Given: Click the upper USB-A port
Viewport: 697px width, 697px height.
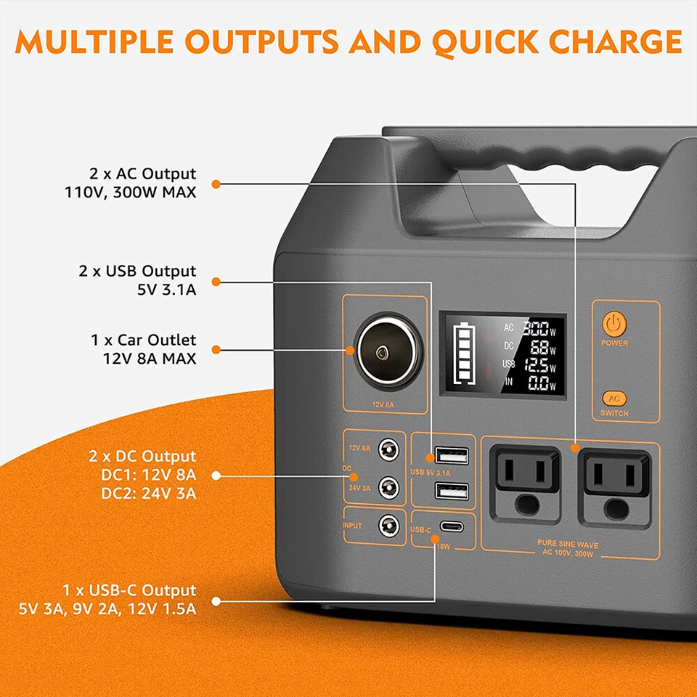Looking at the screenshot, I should click(452, 457).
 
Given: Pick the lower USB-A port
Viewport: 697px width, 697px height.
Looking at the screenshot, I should click(452, 491).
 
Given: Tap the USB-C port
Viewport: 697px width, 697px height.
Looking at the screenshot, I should click(452, 529).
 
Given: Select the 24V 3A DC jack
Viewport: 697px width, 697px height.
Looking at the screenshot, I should click(391, 486).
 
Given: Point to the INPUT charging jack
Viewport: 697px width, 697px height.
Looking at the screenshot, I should click(391, 524).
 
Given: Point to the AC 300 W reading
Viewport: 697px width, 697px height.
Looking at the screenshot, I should click(537, 328).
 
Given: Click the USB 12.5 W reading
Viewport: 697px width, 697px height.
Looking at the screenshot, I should click(537, 365).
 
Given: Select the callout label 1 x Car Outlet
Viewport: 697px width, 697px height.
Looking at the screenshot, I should click(144, 340).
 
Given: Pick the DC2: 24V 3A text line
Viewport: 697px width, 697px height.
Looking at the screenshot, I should click(146, 494).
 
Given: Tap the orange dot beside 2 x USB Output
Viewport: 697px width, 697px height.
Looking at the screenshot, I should click(216, 282).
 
